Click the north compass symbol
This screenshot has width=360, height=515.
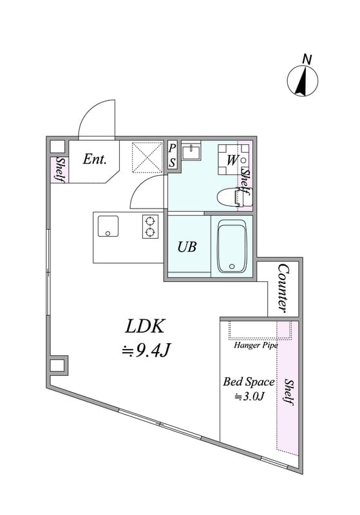(x=302, y=81)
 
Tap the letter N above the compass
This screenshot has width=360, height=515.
(x=307, y=59)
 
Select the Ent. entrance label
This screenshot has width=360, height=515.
(x=95, y=159)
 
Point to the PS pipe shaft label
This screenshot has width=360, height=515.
(x=172, y=154)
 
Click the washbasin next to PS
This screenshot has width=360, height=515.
(x=191, y=152)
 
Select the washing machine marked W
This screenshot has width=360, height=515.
(x=233, y=160)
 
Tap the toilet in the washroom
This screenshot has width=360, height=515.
(x=234, y=197)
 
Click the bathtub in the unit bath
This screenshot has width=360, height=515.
(x=232, y=246)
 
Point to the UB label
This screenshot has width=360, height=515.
(x=187, y=247)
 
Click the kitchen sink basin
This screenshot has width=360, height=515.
(x=108, y=226)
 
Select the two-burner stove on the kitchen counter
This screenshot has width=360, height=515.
(x=150, y=227)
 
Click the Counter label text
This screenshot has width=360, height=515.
(x=283, y=288)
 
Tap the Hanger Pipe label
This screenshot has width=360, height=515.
(x=256, y=345)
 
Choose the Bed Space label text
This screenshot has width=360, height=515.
(x=249, y=382)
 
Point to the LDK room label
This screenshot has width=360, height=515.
(x=144, y=326)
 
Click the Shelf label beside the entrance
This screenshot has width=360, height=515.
(x=59, y=169)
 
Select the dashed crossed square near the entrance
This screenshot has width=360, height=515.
(x=147, y=157)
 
